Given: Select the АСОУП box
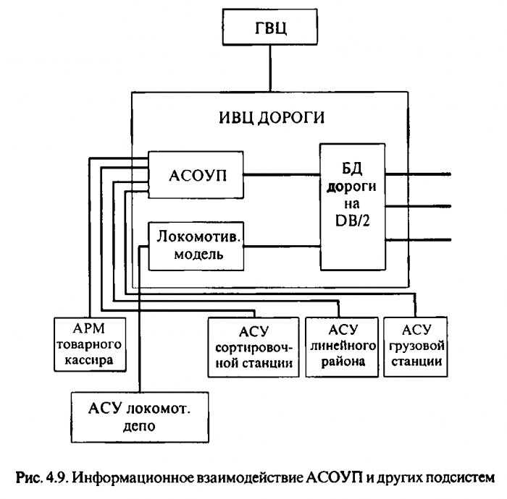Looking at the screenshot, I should click(x=196, y=174).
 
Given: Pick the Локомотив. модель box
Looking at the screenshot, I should click(x=196, y=246).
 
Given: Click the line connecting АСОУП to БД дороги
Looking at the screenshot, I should click(x=282, y=174).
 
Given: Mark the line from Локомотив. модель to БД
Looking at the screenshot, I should click(x=282, y=246).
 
